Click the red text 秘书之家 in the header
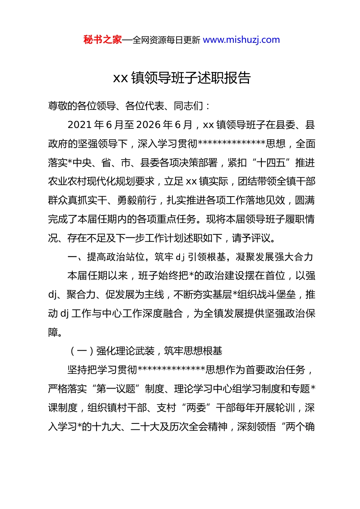(103, 40)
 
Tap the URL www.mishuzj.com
(241, 40)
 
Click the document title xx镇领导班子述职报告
(182, 78)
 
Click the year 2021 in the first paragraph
(80, 125)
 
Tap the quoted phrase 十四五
(271, 163)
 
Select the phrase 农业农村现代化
(82, 181)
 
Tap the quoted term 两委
(196, 408)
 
